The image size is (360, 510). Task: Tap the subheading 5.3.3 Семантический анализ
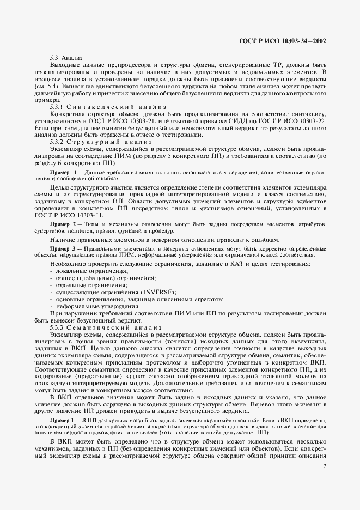point(102,327)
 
